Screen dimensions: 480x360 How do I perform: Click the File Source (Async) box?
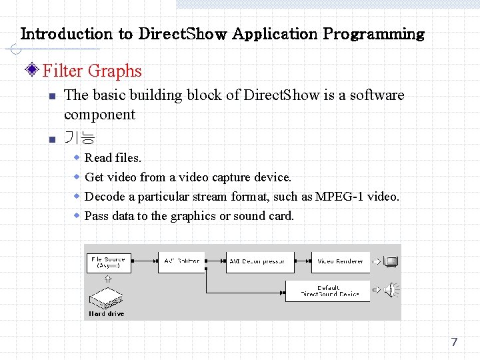click(x=109, y=263)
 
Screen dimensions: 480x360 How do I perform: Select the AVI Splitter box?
click(x=181, y=261)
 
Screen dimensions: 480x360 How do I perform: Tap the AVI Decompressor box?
click(x=257, y=261)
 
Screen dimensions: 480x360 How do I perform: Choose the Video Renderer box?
click(x=340, y=261)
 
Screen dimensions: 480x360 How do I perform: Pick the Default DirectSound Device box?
click(x=329, y=291)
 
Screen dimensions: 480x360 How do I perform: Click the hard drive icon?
click(x=107, y=297)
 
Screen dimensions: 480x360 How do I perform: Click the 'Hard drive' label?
click(x=107, y=313)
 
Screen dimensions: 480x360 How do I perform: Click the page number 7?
click(x=454, y=342)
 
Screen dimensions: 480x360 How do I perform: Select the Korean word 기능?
click(x=79, y=138)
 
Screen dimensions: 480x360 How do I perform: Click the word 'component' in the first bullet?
click(x=99, y=115)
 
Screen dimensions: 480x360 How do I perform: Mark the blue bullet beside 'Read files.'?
click(x=77, y=157)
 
